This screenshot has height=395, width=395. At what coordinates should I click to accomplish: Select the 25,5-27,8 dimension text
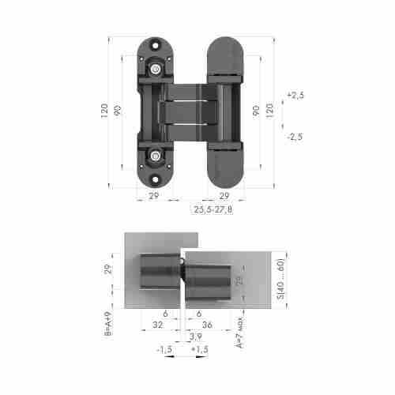coord(213,210)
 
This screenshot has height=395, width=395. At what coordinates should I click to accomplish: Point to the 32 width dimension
coord(157,324)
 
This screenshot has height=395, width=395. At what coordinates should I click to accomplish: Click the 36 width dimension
coord(208,324)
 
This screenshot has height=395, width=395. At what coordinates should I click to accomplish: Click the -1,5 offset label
coord(164,348)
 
